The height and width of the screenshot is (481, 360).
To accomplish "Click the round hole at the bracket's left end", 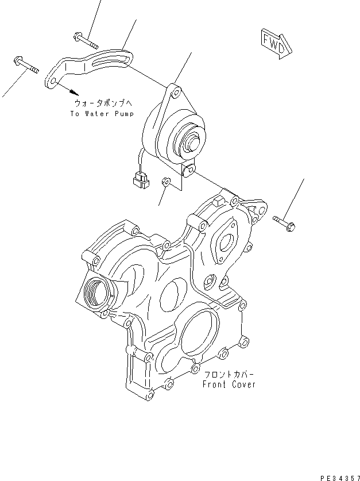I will click(52, 83).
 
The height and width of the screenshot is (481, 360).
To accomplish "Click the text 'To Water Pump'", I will click(102, 114).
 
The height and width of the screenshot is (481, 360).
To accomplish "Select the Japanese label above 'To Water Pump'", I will click(103, 103).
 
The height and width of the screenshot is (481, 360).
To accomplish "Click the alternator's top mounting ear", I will click(175, 90).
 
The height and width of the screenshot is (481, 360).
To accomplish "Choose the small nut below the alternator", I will click(165, 183).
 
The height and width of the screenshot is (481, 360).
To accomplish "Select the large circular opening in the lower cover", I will click(195, 336).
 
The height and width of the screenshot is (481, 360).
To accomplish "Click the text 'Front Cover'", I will click(229, 384).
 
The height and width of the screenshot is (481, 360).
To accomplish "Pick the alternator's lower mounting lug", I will click(189, 170).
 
